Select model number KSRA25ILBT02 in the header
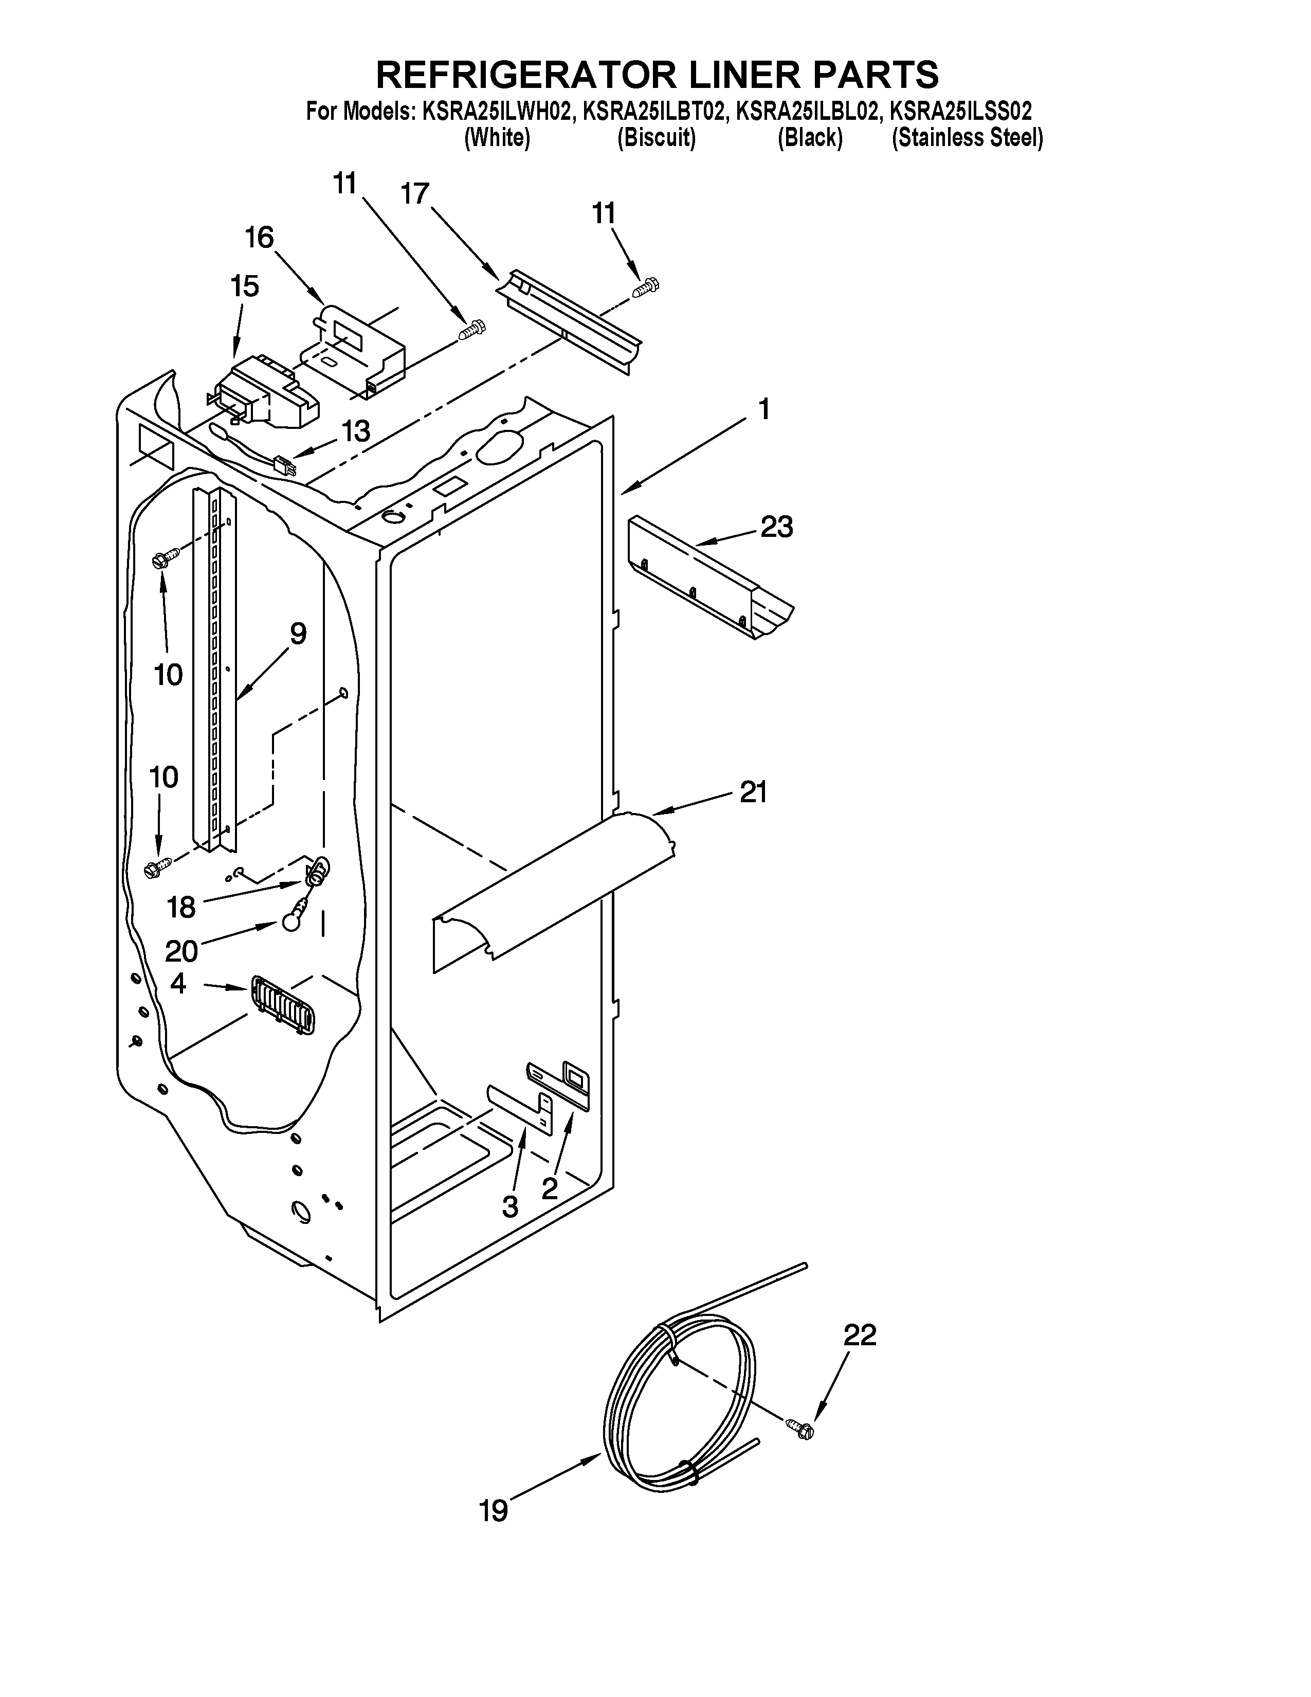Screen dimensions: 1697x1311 (654, 111)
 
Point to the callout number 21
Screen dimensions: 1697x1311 (753, 792)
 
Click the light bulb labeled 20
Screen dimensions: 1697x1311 (290, 920)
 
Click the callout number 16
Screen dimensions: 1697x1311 (260, 237)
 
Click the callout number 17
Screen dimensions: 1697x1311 (415, 193)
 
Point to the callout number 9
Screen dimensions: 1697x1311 (298, 634)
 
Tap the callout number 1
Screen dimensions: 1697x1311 (764, 409)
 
